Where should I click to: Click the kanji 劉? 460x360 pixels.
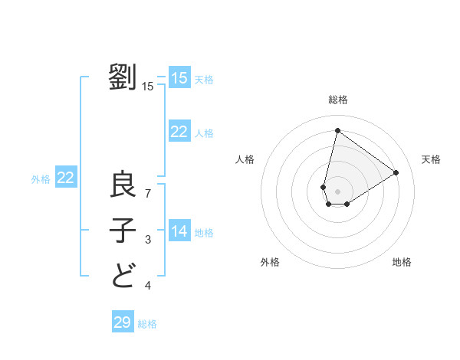123,77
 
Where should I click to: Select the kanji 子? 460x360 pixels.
123,229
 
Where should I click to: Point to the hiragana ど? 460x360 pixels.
123,273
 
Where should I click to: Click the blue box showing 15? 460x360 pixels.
179,78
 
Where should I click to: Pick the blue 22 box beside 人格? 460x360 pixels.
179,132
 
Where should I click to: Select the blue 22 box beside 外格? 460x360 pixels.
66,178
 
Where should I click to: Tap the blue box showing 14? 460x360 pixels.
179,231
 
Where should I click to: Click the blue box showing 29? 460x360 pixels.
123,322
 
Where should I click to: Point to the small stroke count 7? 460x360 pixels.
148,193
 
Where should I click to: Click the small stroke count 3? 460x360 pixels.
148,241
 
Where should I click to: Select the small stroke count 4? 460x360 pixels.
148,286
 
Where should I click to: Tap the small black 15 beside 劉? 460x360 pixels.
148,86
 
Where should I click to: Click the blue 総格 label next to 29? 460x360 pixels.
147,324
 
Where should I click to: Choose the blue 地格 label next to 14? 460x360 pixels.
204,233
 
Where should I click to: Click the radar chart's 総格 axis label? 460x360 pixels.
338,100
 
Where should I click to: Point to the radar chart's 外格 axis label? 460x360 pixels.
270,262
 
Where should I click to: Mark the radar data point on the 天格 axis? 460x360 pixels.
396,173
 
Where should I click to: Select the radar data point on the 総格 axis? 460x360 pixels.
337,130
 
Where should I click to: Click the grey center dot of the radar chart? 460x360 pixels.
337,191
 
